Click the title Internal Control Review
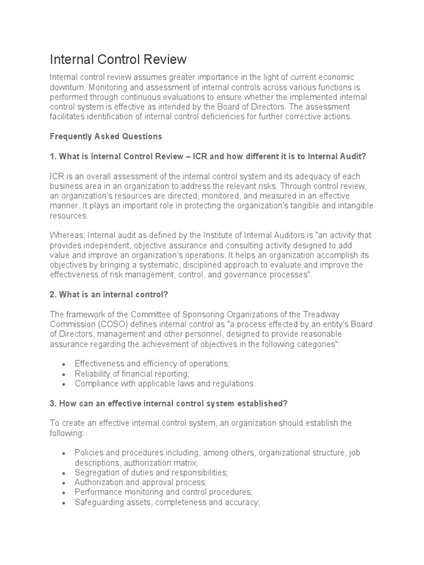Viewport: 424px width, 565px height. (x=118, y=59)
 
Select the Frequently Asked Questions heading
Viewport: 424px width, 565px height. (x=106, y=136)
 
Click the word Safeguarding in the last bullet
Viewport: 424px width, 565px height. (x=98, y=503)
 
